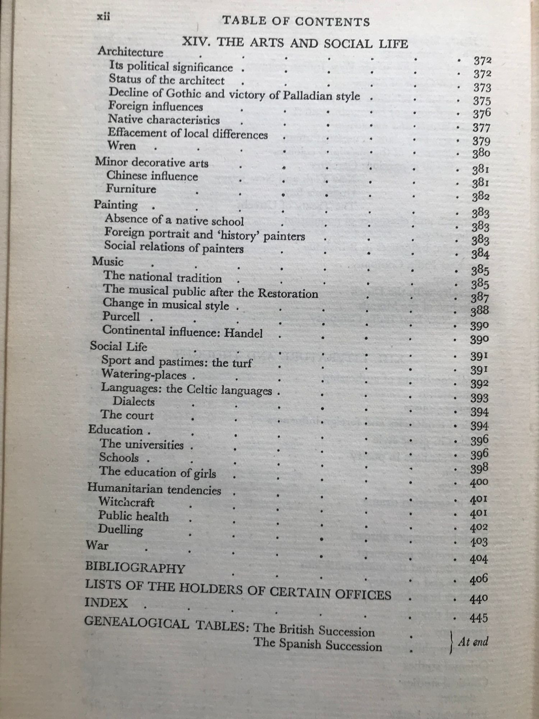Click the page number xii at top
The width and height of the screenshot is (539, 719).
[103, 17]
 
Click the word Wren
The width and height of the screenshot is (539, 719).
[122, 146]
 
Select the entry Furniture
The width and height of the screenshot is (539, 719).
[131, 189]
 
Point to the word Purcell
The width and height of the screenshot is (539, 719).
[121, 316]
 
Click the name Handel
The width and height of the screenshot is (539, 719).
[243, 333]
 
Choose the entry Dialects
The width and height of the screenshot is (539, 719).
[134, 401]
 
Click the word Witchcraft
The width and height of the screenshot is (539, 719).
[126, 502]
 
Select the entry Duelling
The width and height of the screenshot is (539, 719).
[120, 530]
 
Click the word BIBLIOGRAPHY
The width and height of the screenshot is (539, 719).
[135, 568]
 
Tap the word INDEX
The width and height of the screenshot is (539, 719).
[106, 603]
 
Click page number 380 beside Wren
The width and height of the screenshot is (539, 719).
[481, 154]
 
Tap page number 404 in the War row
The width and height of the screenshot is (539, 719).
[479, 559]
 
